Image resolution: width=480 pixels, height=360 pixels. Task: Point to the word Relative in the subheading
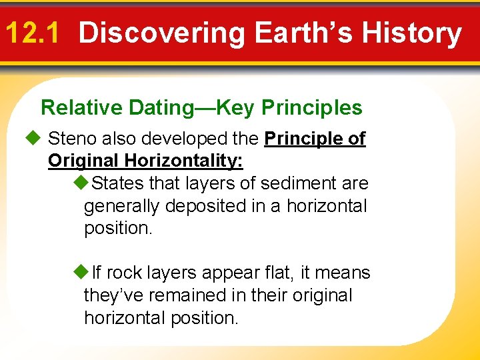pos(81,107)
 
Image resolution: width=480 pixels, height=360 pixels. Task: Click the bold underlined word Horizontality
pos(181,161)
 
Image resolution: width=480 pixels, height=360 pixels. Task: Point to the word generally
pos(122,206)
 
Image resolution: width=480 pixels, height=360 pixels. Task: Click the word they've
pos(107,295)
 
